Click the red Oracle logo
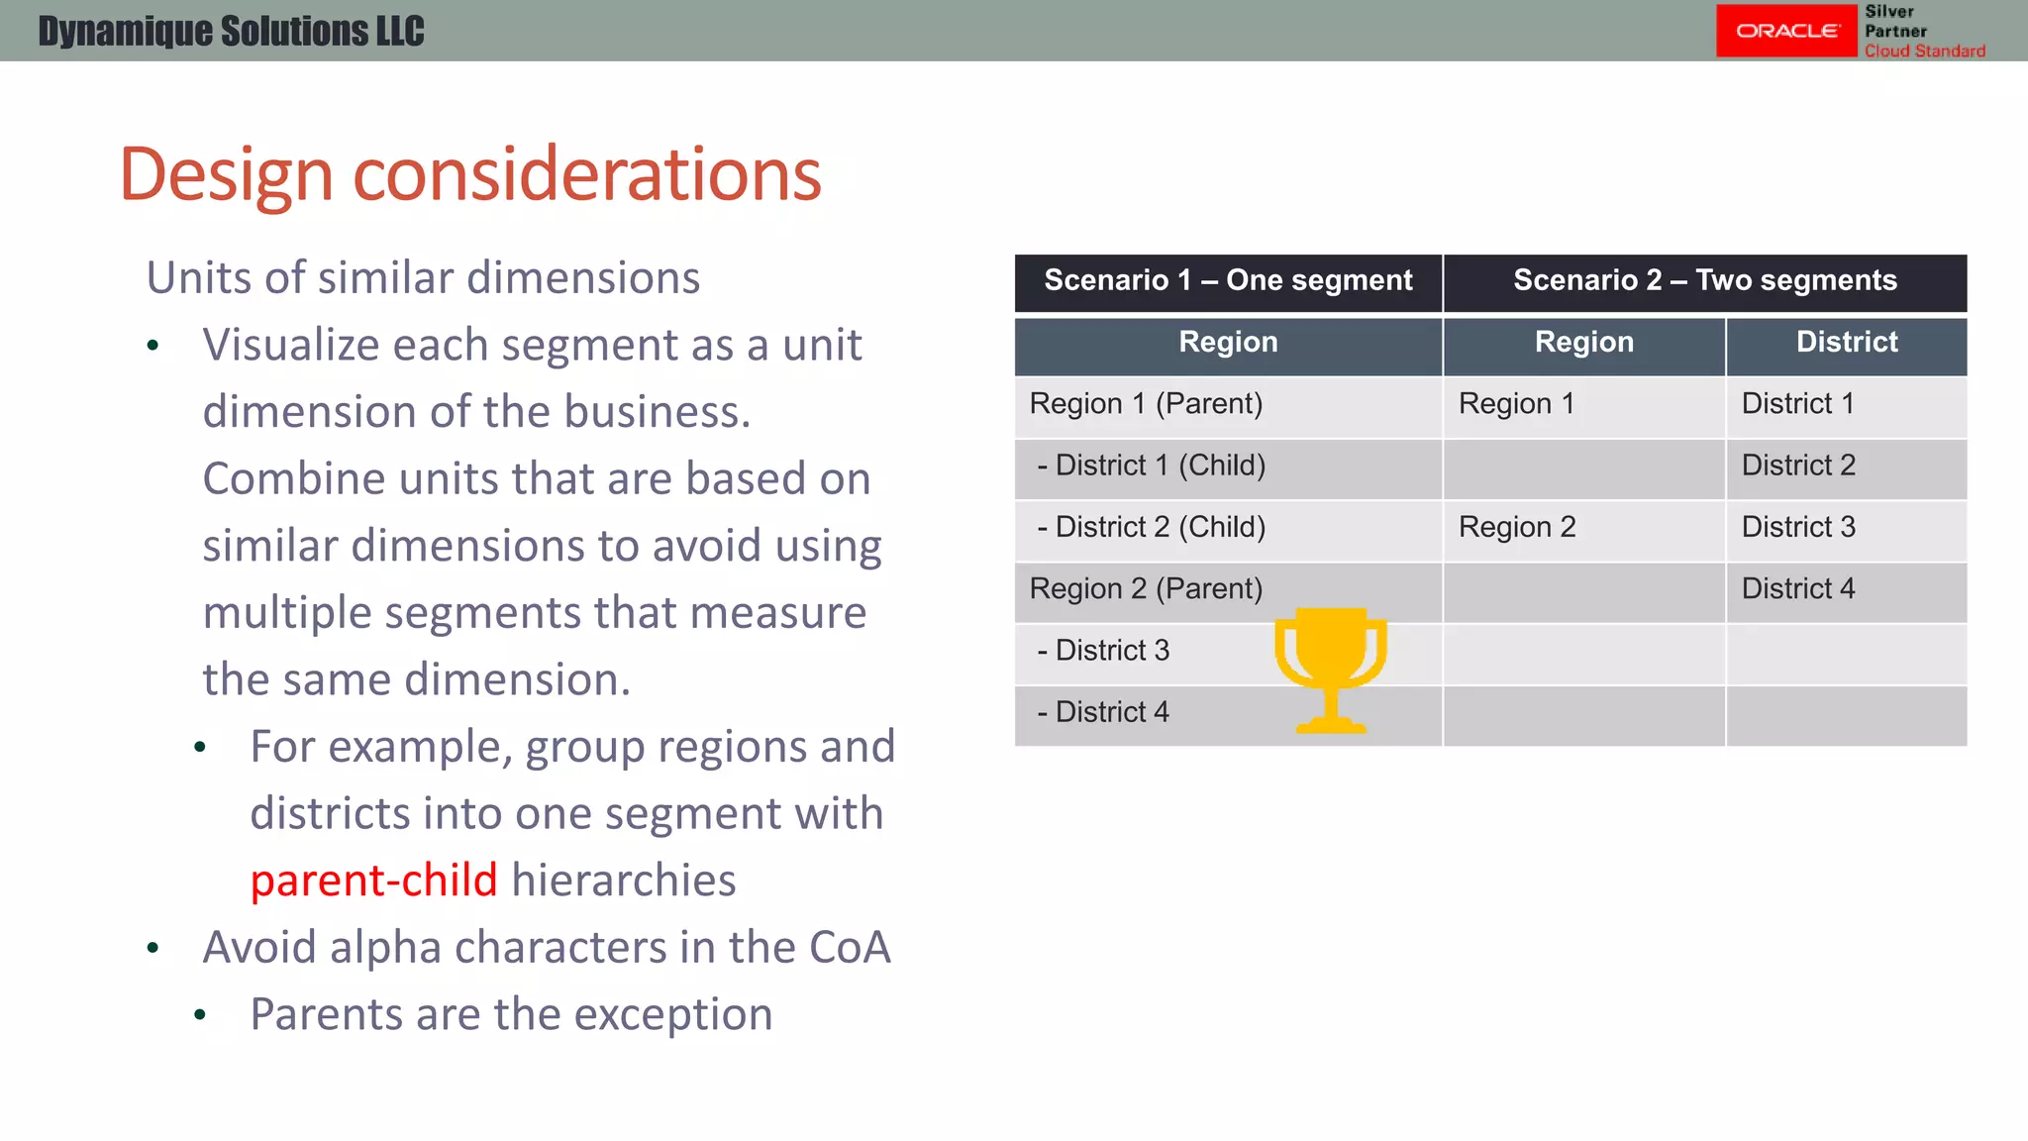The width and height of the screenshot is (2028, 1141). pos(1785,31)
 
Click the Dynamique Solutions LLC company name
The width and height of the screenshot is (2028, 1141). pos(231,31)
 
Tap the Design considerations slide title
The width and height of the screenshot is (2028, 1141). pos(469,174)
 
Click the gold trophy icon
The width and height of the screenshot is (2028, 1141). pos(1330,669)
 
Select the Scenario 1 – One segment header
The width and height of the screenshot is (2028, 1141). pos(1228,281)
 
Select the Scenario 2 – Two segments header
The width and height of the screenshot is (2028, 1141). pos(1704,281)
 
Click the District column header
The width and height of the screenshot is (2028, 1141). pos(1846,343)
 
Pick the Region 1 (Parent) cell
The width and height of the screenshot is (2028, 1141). pos(1146,404)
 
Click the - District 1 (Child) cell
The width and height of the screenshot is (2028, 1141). pos(1151,466)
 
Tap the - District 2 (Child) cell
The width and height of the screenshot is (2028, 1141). pos(1151,527)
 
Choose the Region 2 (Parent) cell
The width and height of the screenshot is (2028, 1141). pos(1146,589)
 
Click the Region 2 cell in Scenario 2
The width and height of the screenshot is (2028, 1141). pos(1517,527)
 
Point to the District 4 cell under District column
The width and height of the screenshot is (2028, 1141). pos(1797,589)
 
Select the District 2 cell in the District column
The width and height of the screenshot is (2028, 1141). pos(1797,466)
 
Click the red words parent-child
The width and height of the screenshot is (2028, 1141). pos(373,881)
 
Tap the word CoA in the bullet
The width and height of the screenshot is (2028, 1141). pos(850,948)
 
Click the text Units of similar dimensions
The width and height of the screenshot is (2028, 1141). pos(423,278)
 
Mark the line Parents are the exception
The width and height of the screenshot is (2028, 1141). pos(511,1014)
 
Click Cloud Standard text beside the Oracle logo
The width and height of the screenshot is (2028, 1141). pos(1924,51)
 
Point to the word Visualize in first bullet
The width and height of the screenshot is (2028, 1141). pos(290,346)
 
